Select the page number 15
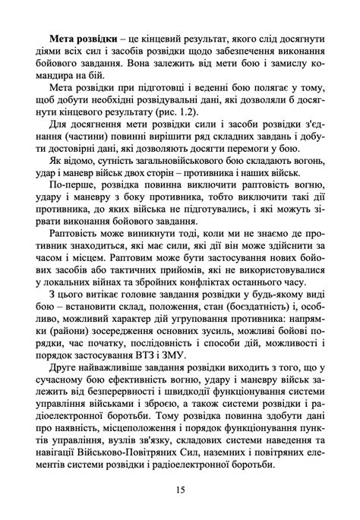[x=179, y=490]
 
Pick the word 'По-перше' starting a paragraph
[x=71, y=184]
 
